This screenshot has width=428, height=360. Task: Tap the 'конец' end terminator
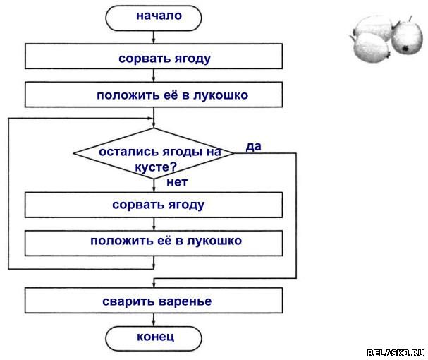tap(154, 337)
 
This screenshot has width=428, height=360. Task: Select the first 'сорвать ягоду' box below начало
tap(154, 57)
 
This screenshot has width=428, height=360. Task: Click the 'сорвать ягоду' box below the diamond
tap(154, 205)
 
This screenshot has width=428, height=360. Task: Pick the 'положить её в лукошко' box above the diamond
tap(154, 95)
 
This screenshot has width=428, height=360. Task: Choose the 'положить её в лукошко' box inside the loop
tap(154, 241)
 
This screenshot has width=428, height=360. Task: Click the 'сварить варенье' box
tap(154, 301)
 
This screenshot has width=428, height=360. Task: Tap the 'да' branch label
tap(254, 146)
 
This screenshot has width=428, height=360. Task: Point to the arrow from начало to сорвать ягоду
tap(154, 36)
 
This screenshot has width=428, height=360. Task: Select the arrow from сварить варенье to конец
tap(154, 319)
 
